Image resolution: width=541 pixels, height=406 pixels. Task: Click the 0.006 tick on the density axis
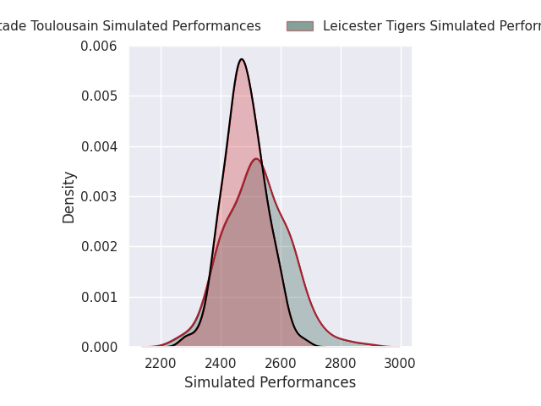[x=99, y=46]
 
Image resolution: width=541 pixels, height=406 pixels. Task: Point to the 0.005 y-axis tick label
[x=99, y=96]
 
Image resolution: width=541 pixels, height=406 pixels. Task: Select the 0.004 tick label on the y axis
[x=99, y=146]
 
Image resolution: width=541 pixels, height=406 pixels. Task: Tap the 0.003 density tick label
[x=99, y=196]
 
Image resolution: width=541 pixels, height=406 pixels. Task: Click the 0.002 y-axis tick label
[x=99, y=247]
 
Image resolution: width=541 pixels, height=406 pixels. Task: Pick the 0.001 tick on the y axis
[x=99, y=297]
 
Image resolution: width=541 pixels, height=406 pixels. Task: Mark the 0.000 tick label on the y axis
[x=99, y=347]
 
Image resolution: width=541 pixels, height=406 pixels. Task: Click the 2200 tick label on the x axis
[x=161, y=364]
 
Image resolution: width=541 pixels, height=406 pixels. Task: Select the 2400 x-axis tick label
[x=221, y=364]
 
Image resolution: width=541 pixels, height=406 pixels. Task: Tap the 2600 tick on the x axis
[x=281, y=364]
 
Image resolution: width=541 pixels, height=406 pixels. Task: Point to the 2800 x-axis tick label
[x=341, y=364]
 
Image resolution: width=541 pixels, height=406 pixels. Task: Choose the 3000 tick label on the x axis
[x=400, y=364]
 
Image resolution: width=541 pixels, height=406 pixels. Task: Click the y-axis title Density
[x=69, y=196]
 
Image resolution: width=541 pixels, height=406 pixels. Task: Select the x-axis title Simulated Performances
[x=270, y=382]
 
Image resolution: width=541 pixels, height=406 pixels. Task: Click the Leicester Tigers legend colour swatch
[x=299, y=26]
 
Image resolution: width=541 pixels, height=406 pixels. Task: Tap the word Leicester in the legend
[x=349, y=26]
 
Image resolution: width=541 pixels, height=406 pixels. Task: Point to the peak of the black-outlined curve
[x=242, y=59]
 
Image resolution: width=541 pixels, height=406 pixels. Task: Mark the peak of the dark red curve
[x=256, y=159]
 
